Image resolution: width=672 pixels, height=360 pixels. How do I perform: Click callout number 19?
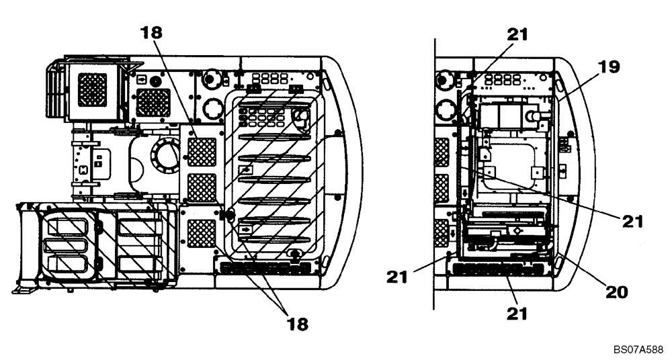[x=610, y=66]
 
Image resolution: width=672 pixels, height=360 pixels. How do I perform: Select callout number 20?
[x=617, y=291]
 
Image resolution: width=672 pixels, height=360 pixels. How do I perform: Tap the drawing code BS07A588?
[x=638, y=350]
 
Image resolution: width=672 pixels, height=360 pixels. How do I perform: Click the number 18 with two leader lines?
[x=297, y=324]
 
